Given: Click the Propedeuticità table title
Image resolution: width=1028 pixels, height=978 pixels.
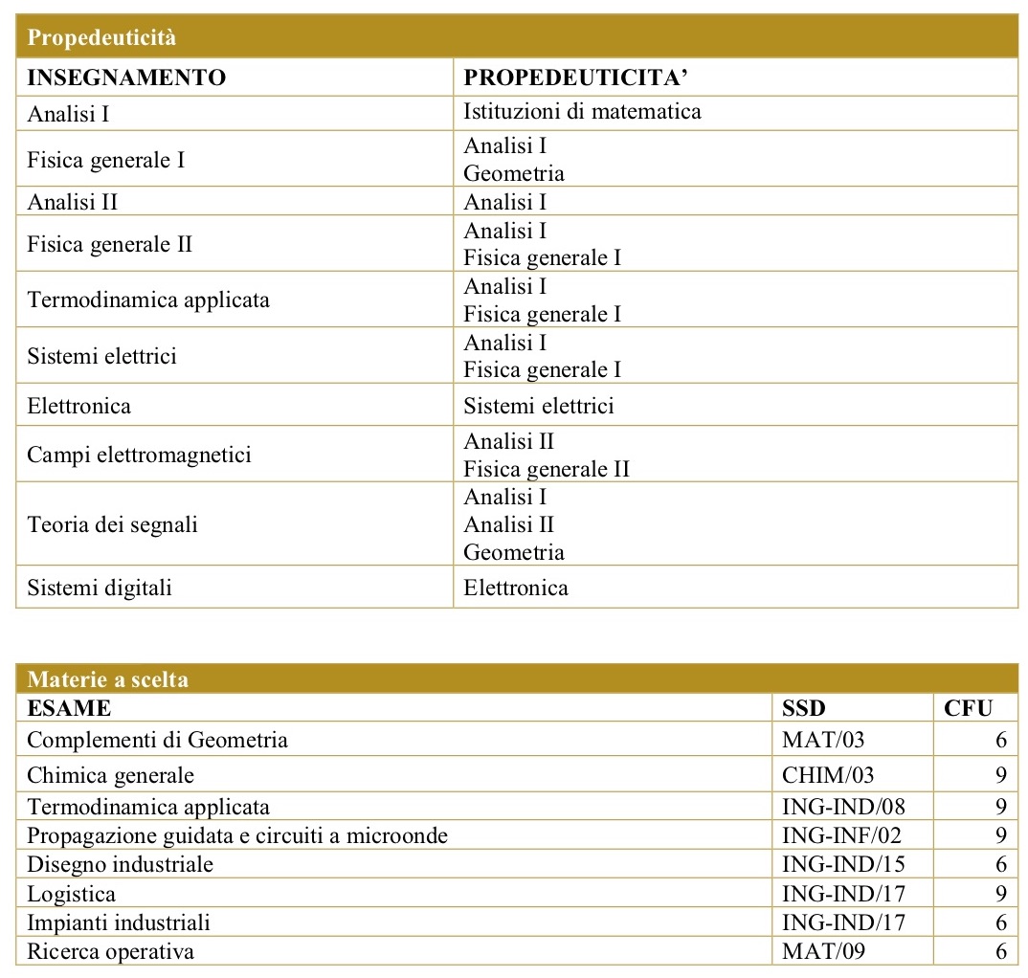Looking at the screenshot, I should tap(102, 39).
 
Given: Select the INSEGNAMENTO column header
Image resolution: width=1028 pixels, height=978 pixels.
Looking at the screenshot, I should tap(126, 78).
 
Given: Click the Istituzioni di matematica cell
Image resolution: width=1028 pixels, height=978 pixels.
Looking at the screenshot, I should tap(582, 112).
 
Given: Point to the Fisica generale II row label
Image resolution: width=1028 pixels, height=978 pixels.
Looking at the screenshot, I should tap(110, 244).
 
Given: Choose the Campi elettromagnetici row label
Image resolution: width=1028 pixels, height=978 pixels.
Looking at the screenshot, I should tap(139, 455).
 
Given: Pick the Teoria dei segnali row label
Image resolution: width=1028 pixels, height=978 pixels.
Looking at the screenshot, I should tap(112, 524).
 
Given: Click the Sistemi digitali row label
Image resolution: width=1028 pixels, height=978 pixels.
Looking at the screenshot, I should tap(100, 588).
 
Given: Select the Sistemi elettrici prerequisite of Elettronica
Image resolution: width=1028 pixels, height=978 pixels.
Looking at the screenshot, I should tap(538, 406).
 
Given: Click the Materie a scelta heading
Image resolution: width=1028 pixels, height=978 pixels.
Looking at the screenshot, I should tap(107, 680).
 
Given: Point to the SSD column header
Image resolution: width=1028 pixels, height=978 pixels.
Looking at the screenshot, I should tap(804, 708).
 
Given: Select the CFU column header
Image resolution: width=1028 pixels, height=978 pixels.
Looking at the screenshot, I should tap(968, 708).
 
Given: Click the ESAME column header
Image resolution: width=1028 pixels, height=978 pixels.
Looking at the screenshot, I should tap(69, 708).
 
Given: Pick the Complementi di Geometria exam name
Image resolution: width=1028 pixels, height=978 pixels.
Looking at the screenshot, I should tap(157, 740).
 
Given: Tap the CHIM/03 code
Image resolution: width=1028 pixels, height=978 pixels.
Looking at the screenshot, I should tap(828, 774).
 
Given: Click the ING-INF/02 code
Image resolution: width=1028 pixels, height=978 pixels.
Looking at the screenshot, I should tap(841, 835).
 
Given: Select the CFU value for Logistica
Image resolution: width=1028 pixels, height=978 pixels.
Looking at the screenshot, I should tap(1000, 894).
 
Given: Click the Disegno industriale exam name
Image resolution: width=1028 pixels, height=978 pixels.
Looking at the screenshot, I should tap(120, 864).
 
